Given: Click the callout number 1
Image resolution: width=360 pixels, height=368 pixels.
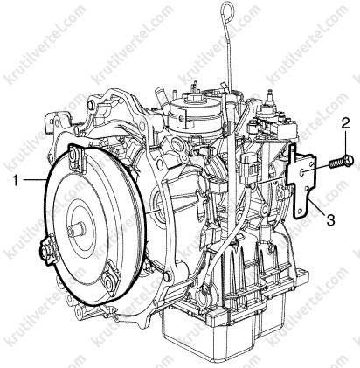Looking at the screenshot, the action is click(17, 181).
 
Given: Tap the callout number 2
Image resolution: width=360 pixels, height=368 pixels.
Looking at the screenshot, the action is click(345, 124).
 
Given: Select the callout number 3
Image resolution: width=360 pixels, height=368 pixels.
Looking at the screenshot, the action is click(330, 219).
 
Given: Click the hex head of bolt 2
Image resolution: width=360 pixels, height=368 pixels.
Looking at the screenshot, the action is click(349, 160).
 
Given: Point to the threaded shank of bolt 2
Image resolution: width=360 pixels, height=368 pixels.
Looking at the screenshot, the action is click(336, 163).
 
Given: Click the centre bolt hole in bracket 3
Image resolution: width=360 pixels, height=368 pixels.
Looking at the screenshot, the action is click(302, 172).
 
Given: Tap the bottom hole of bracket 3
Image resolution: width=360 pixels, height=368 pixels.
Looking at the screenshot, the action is click(299, 211).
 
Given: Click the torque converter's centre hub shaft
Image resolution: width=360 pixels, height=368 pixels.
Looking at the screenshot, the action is click(75, 228).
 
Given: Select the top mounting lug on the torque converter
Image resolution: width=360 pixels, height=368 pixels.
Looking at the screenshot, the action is click(76, 159).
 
